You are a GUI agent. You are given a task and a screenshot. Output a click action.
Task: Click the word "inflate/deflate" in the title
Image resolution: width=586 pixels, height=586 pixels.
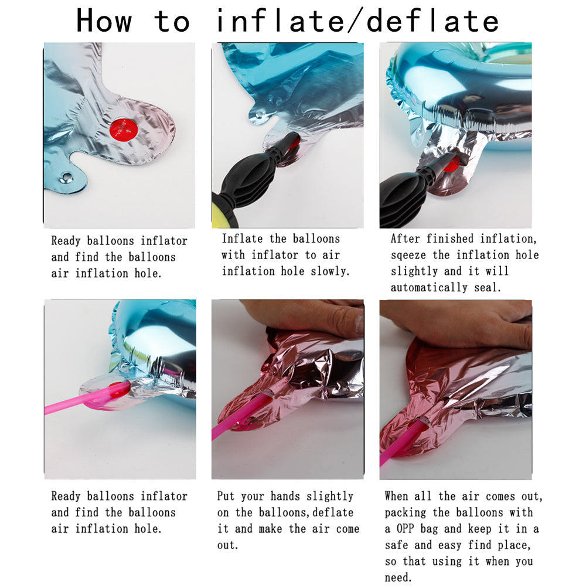[x=357, y=21]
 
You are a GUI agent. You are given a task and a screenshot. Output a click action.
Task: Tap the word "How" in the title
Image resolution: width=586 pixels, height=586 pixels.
[x=104, y=21]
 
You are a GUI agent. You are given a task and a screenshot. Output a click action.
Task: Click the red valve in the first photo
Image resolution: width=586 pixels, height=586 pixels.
[x=124, y=130]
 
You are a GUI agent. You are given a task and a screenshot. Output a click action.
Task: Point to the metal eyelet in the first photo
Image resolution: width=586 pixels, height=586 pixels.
[x=67, y=176]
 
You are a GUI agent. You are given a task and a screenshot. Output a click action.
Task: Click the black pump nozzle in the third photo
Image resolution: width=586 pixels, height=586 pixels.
[x=441, y=165]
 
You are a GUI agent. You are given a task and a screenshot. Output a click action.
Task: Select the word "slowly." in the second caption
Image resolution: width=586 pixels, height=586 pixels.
[x=330, y=271]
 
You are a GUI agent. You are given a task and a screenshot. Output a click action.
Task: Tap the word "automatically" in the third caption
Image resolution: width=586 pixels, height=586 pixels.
[x=429, y=288]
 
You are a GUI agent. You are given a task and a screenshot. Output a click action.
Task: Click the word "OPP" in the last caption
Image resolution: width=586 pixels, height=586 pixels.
[x=405, y=529]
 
